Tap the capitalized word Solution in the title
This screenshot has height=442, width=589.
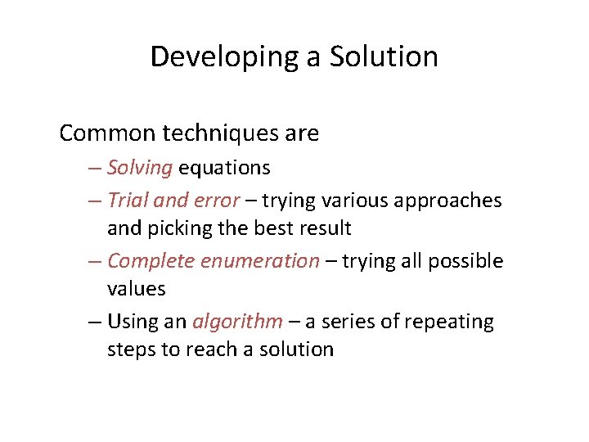384,57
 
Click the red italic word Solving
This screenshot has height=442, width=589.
140,168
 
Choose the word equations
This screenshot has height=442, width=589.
224,168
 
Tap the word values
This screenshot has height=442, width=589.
137,289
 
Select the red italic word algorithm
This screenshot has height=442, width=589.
237,322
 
